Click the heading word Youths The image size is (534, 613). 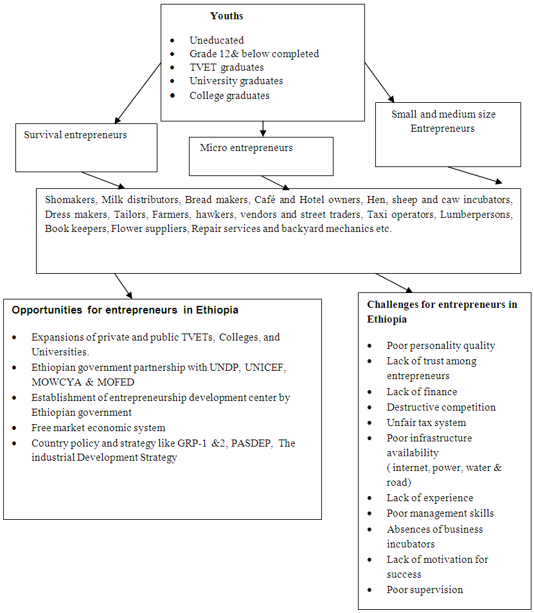coord(226,16)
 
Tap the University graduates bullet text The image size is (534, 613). coord(236,82)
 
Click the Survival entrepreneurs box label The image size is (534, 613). coord(75,135)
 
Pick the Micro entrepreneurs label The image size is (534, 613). coord(246,148)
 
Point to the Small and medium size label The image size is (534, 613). coord(443,114)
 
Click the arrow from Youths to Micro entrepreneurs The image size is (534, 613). coord(262,129)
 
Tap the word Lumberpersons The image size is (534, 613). coord(476,213)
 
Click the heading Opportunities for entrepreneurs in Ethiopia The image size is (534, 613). coord(125,310)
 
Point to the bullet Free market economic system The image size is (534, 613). coord(98,428)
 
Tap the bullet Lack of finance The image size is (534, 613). coord(422,392)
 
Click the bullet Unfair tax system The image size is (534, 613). coord(426,423)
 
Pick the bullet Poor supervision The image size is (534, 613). coord(424,590)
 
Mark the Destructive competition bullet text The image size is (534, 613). coord(441,407)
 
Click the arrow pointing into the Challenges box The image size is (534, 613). coord(394,283)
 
